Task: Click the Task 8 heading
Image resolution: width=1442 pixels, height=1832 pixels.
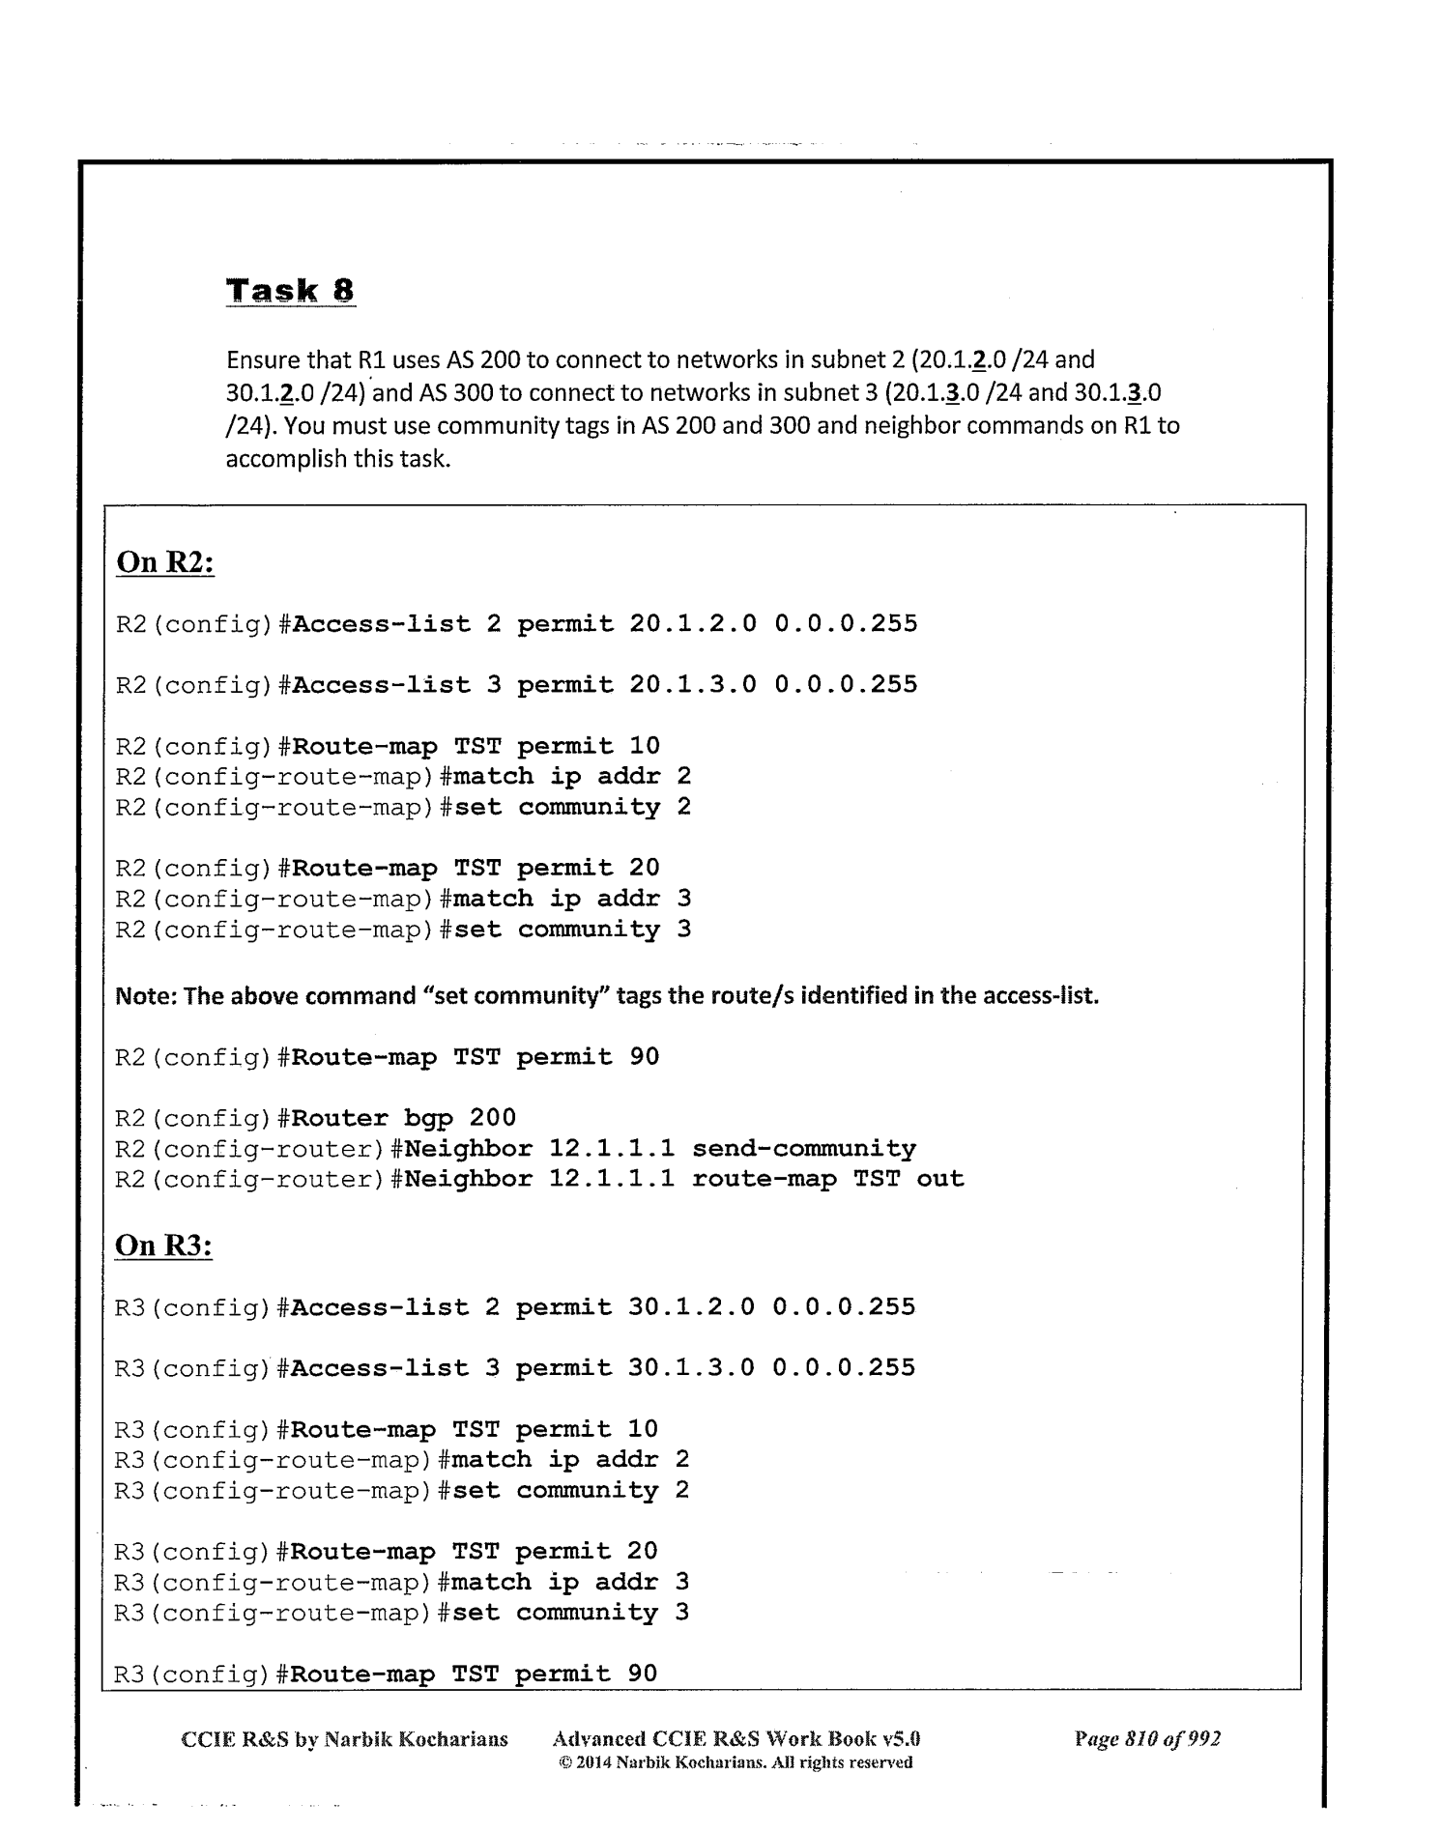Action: click(290, 291)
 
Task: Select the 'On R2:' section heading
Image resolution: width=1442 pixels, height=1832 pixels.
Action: click(164, 562)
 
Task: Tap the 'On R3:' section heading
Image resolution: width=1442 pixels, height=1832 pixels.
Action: click(163, 1245)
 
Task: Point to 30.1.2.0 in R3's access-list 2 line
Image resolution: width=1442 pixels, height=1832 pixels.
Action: click(691, 1307)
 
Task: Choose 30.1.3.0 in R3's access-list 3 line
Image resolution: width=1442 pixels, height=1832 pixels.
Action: click(691, 1368)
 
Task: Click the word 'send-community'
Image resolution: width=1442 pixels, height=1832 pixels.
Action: click(804, 1149)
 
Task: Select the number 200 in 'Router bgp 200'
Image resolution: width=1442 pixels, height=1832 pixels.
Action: click(493, 1118)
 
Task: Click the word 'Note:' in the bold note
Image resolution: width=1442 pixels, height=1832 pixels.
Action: click(146, 996)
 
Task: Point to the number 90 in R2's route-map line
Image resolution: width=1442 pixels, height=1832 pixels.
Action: click(645, 1057)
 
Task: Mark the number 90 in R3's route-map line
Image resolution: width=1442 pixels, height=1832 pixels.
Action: click(643, 1674)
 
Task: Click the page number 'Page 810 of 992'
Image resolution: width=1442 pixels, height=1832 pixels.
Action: click(1147, 1739)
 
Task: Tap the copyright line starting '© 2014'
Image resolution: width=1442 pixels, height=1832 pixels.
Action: click(735, 1762)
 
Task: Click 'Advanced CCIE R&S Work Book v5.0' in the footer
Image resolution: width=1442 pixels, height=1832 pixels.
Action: click(735, 1739)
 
